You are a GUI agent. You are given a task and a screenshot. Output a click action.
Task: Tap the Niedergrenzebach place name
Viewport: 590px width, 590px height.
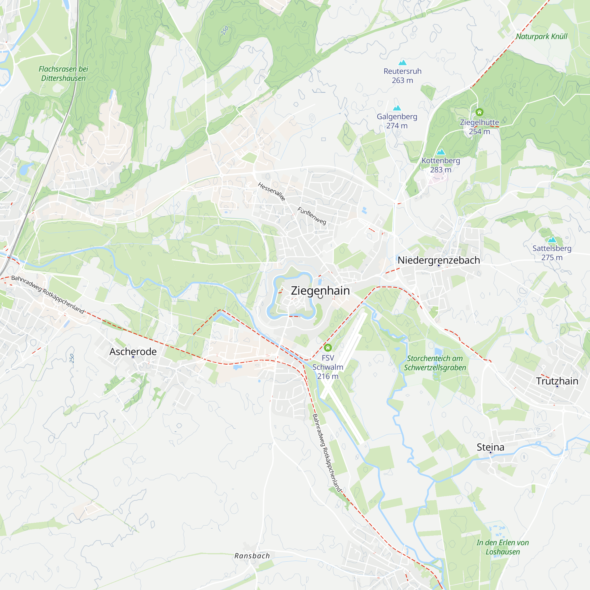coord(439,260)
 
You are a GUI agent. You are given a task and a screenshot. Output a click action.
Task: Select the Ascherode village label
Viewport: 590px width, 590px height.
coord(133,352)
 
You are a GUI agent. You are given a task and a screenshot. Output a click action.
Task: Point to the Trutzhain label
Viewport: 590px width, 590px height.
coord(557,381)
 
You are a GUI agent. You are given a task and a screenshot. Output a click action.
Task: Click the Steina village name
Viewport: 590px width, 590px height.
coord(491,447)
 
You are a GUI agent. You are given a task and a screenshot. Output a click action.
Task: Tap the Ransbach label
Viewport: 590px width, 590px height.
coord(252,556)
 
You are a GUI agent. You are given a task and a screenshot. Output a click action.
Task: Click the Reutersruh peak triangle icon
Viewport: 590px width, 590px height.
coord(402,63)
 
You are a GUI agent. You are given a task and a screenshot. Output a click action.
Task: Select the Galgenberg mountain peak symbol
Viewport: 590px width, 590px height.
coord(397,108)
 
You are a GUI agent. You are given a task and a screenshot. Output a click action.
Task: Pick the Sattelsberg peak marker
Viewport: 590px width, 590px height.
coord(552,240)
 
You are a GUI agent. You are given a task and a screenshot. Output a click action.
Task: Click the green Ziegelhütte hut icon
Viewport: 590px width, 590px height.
coord(479,112)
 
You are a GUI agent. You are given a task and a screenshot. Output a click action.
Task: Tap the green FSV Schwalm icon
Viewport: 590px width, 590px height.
coord(328,348)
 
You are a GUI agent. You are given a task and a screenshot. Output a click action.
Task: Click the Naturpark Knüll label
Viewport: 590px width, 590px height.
coord(541,36)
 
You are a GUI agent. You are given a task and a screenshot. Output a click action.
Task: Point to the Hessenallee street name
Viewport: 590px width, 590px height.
coord(271,192)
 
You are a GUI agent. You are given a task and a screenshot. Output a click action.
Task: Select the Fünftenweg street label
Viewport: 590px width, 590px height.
coord(312,216)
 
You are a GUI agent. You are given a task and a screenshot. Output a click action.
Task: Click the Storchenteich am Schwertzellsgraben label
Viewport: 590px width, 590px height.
coord(435,363)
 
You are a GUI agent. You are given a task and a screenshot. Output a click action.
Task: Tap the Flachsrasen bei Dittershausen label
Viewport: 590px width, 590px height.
coord(63,73)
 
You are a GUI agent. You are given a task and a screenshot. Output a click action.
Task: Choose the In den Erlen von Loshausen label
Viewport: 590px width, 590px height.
coord(503,547)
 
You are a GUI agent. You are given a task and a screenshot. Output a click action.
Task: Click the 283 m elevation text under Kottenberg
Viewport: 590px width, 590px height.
coord(440,170)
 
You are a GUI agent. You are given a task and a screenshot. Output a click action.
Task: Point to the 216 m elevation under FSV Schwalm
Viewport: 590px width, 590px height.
coord(328,376)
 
